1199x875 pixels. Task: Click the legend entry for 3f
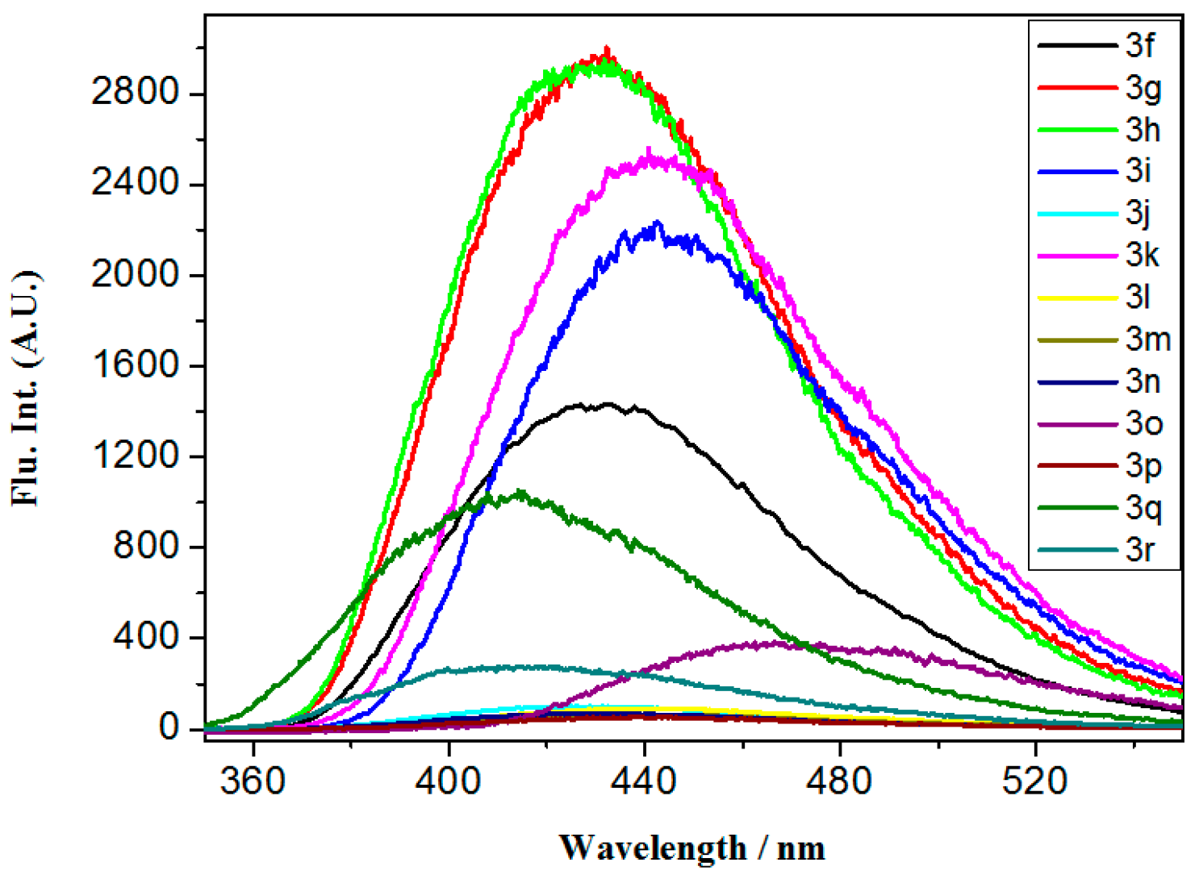pyautogui.click(x=1139, y=45)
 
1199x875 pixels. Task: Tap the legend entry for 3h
pyautogui.click(x=1143, y=129)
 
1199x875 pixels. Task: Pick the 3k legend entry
pyautogui.click(x=1143, y=255)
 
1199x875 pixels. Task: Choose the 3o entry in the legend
pyautogui.click(x=1144, y=423)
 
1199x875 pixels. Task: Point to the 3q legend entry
pyautogui.click(x=1143, y=507)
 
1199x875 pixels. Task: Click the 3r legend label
pyautogui.click(x=1140, y=549)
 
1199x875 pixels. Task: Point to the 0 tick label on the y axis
pyautogui.click(x=169, y=728)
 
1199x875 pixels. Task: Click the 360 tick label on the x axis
pyautogui.click(x=253, y=781)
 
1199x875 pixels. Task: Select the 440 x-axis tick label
pyautogui.click(x=644, y=781)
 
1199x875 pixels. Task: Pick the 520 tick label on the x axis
pyautogui.click(x=1035, y=781)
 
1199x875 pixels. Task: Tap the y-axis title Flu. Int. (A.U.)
pyautogui.click(x=27, y=389)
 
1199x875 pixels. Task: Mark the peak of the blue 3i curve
pyautogui.click(x=657, y=223)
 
